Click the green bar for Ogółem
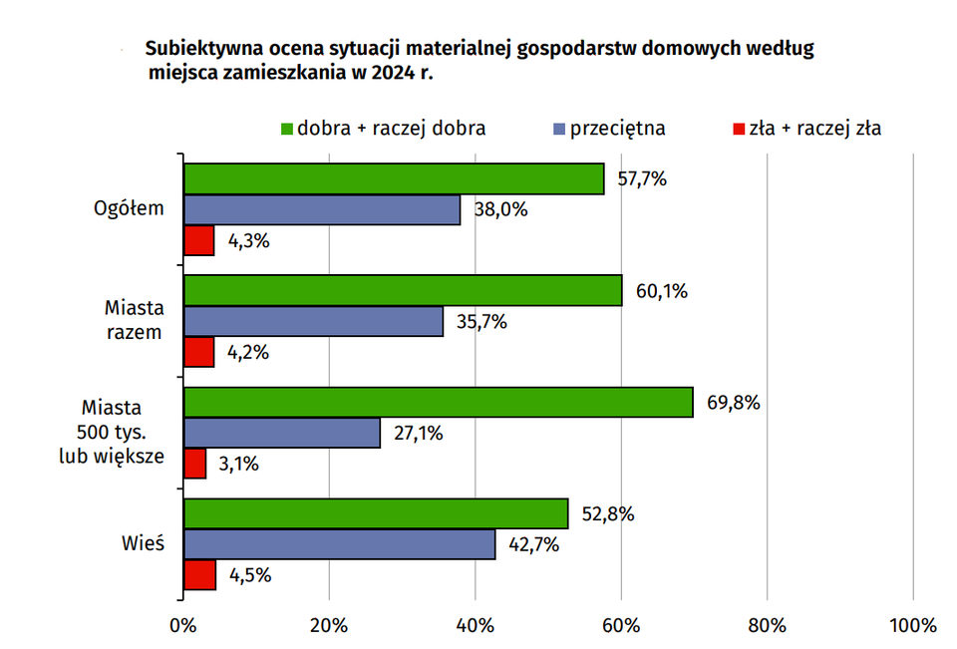394,179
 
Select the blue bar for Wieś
339,544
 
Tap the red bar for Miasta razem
198,352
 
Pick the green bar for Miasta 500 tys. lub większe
438,403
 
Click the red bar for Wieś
199,575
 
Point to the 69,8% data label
734,403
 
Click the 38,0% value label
499,210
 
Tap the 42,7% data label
535,544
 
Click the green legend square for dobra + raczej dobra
287,129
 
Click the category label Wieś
144,544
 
